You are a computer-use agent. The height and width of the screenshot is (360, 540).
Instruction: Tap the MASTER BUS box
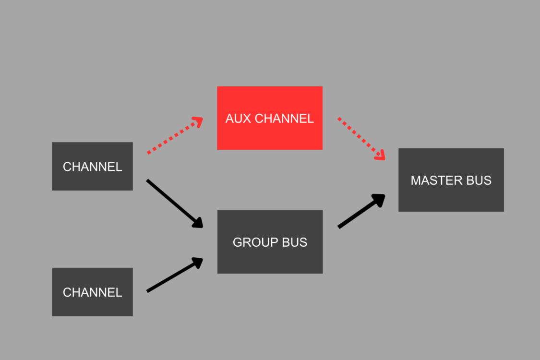451,197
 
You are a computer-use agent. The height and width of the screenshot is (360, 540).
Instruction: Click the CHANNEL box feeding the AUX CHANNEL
92,166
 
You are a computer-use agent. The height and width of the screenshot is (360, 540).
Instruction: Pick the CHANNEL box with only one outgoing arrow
92,292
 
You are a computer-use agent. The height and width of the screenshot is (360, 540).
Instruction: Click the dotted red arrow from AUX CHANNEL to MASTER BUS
360,137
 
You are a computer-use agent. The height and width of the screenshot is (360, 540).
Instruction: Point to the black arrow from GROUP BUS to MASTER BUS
360,212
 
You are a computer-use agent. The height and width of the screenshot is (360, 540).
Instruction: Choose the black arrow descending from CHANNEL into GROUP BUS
173,202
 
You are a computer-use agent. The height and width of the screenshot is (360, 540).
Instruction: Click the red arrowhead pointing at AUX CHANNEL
197,122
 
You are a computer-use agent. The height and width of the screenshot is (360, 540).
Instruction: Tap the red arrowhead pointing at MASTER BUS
381,154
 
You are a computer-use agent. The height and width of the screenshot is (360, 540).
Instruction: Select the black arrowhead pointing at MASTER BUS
379,199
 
